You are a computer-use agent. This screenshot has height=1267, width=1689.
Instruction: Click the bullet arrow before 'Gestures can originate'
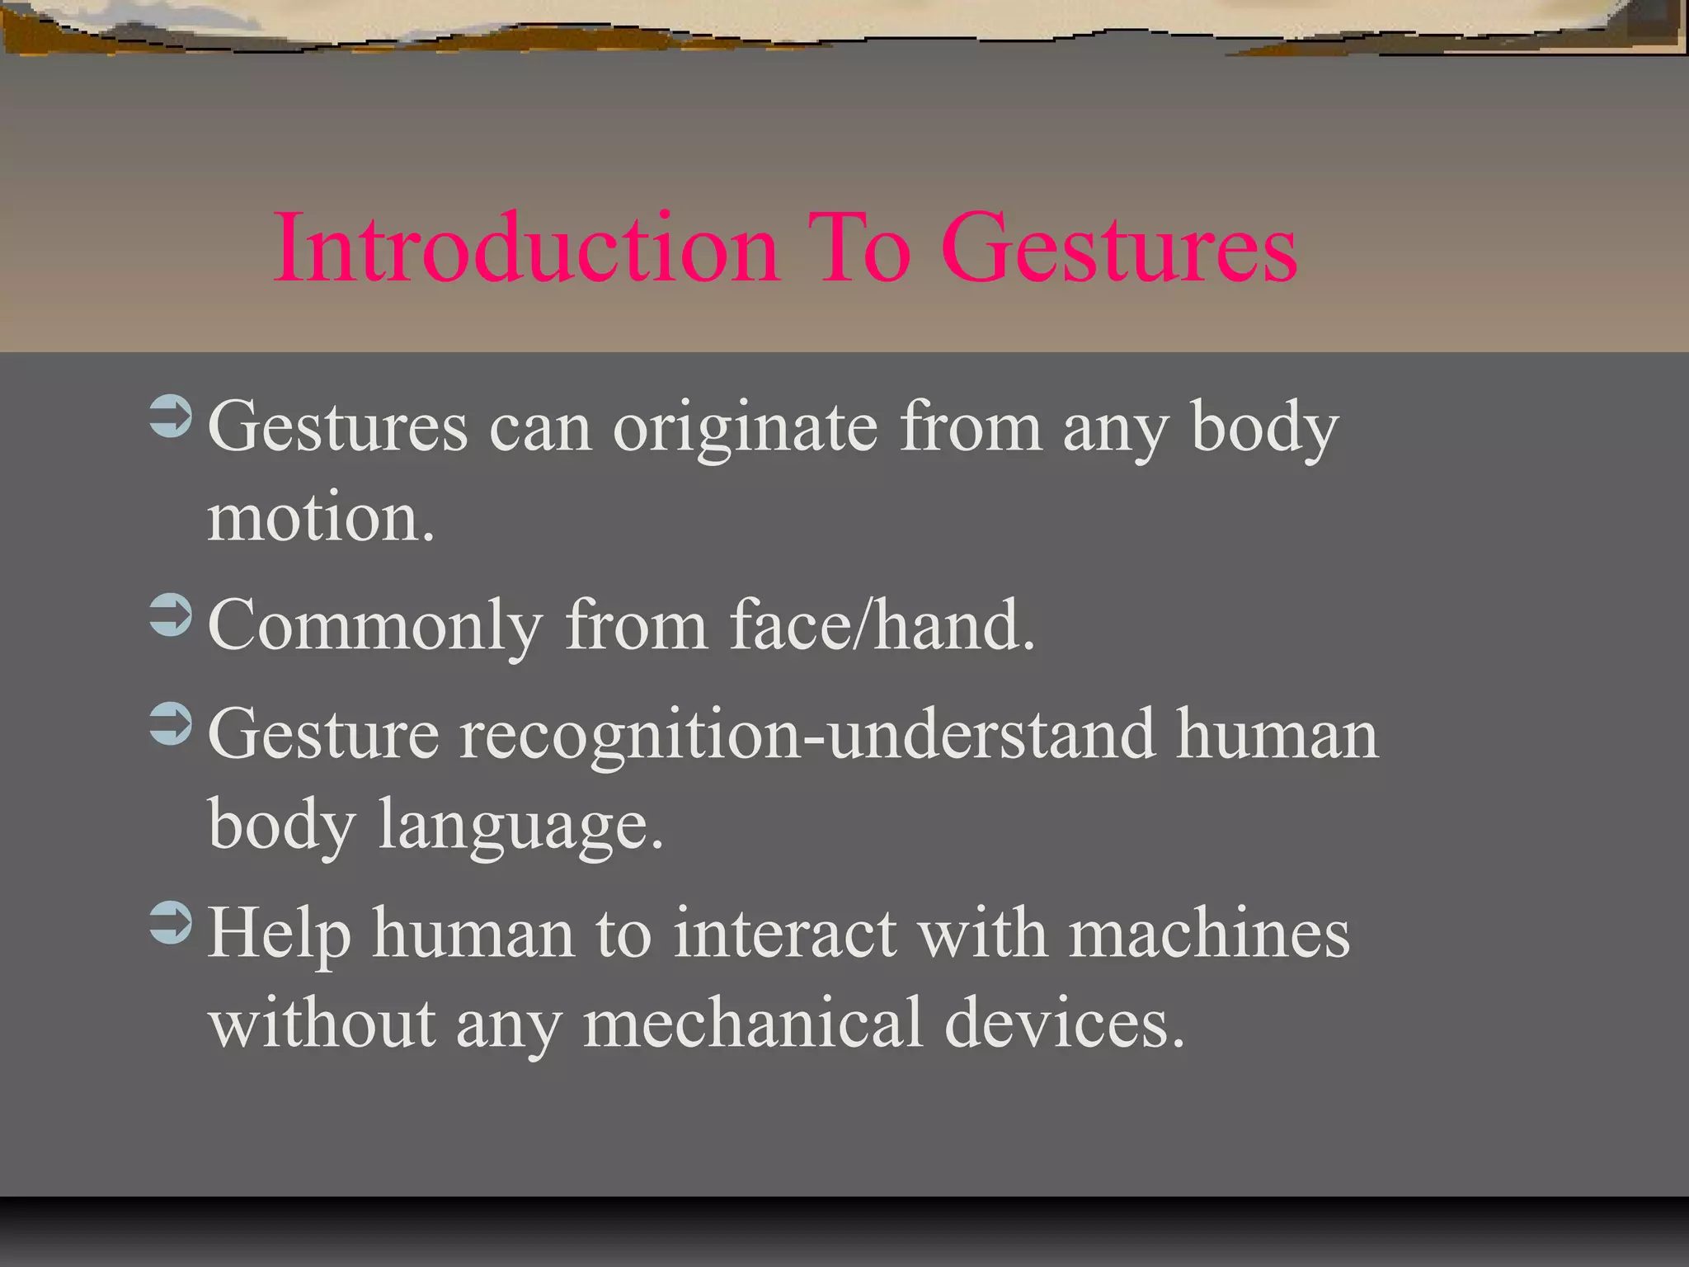click(x=171, y=417)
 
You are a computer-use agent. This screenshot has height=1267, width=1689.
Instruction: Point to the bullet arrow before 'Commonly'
click(x=171, y=615)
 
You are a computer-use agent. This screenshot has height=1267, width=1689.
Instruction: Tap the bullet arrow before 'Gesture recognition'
click(x=171, y=723)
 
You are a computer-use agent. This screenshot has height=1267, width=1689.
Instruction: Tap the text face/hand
click(x=882, y=625)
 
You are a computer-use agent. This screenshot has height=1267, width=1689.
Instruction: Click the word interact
click(x=784, y=934)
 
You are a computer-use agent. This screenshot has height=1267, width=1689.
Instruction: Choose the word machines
click(x=1209, y=934)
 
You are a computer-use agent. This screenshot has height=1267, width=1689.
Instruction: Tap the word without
click(x=322, y=1023)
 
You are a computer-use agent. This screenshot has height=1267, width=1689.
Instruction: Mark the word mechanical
click(x=753, y=1023)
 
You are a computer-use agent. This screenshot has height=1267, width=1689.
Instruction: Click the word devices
click(x=1064, y=1023)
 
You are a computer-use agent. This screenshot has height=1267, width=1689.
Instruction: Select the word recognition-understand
click(x=807, y=735)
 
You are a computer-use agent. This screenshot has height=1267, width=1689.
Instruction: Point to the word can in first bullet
click(x=540, y=429)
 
